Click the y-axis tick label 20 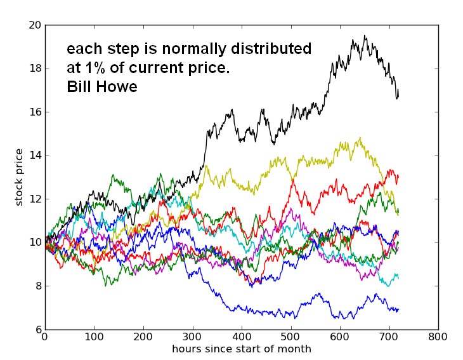[x=34, y=25]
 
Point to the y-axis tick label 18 [x=34, y=69]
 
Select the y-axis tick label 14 [x=34, y=156]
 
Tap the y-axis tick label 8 [x=37, y=286]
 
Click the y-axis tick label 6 [x=37, y=330]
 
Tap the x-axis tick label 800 [x=438, y=337]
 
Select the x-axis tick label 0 [x=44, y=337]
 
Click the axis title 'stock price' [x=19, y=177]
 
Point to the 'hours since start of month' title [x=241, y=349]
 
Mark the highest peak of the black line [x=365, y=36]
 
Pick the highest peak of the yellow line [x=360, y=138]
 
